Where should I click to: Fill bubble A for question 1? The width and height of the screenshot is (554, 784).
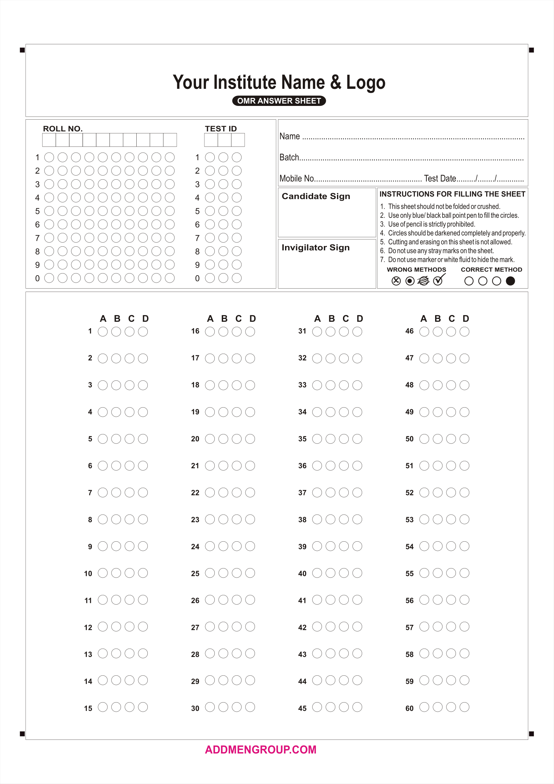click(103, 331)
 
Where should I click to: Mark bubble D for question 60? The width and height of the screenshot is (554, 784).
click(464, 707)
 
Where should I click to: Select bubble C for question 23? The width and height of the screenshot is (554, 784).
click(237, 519)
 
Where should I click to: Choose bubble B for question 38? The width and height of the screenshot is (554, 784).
click(331, 519)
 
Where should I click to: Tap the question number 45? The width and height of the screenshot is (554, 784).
click(302, 708)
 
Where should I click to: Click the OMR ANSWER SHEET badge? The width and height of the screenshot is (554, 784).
click(279, 101)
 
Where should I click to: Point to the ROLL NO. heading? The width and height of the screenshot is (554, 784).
click(63, 129)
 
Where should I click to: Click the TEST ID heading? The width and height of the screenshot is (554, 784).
click(221, 129)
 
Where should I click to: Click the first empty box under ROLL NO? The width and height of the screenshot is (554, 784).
click(49, 140)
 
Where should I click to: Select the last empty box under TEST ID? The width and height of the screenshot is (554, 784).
click(238, 140)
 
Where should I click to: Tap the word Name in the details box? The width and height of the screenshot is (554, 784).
click(290, 136)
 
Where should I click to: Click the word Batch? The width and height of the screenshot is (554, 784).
click(289, 158)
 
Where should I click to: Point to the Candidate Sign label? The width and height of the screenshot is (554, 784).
click(316, 196)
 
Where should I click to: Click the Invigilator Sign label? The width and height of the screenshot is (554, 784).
click(316, 248)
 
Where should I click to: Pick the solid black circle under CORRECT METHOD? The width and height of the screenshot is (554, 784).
click(510, 281)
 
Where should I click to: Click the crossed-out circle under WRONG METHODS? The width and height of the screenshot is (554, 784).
click(396, 281)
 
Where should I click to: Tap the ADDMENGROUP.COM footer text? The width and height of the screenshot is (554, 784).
click(261, 749)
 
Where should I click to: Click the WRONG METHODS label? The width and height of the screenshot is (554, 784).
click(416, 270)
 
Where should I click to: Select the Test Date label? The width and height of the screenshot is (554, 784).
click(440, 179)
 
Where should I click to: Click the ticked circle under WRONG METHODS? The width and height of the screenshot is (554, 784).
click(438, 281)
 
